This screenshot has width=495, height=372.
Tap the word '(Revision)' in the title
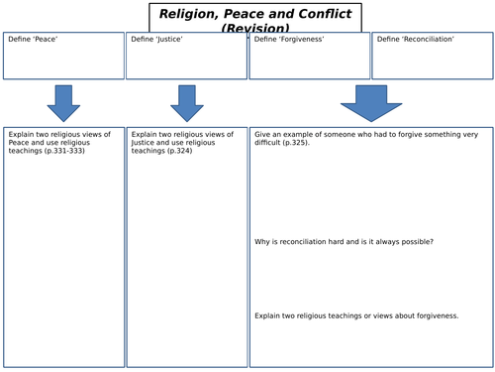point(255,29)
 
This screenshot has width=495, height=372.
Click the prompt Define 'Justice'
point(153,39)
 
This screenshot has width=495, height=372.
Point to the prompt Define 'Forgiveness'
point(284,39)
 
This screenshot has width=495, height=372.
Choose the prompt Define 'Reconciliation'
point(416,39)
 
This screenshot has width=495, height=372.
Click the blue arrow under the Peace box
point(63,102)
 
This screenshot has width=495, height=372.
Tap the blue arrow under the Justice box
point(186,102)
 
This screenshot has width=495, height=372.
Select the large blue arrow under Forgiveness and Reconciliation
point(371,102)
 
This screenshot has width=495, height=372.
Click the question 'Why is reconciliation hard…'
point(344,242)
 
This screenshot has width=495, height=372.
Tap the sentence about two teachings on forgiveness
point(356,315)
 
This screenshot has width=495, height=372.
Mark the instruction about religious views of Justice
point(182,142)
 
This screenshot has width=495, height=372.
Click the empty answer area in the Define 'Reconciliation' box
point(432,62)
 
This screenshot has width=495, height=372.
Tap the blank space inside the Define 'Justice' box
point(186,62)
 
